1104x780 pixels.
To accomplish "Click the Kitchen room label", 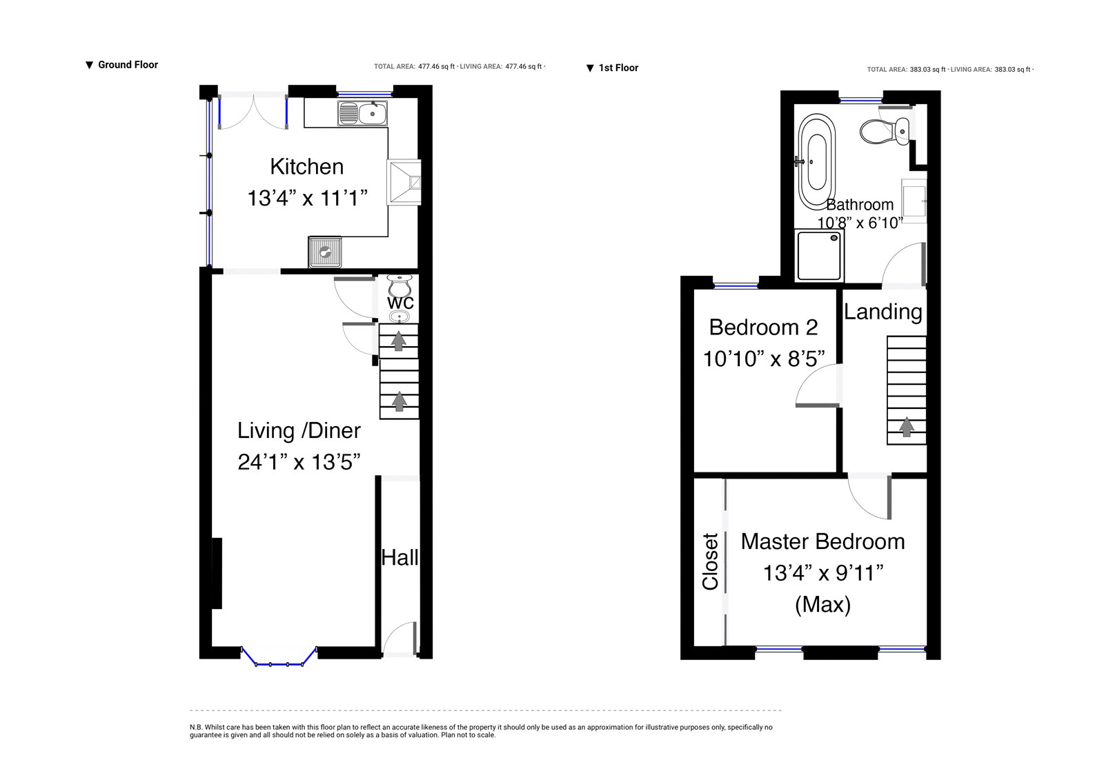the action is pyautogui.click(x=306, y=166).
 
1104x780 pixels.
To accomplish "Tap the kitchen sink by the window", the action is pyautogui.click(x=362, y=113).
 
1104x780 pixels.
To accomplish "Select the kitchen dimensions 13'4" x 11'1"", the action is pyautogui.click(x=308, y=198).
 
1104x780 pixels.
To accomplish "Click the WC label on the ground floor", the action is pyautogui.click(x=400, y=303).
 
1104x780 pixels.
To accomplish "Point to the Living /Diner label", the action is pyautogui.click(x=299, y=430).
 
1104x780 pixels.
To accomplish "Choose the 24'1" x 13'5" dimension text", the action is pyautogui.click(x=299, y=462).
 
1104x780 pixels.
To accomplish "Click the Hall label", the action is pyautogui.click(x=400, y=558).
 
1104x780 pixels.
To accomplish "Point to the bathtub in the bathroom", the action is pyautogui.click(x=817, y=162).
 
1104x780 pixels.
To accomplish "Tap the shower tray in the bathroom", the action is pyautogui.click(x=818, y=256).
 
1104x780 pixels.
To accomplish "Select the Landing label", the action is pyautogui.click(x=883, y=312).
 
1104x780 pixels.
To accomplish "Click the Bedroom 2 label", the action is pyautogui.click(x=763, y=327).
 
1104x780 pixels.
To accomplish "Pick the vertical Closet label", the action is pyautogui.click(x=710, y=561).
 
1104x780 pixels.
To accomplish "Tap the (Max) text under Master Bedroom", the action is pyautogui.click(x=822, y=605).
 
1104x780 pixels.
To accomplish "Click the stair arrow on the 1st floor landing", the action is pyautogui.click(x=906, y=427).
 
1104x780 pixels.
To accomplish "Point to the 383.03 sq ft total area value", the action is pyautogui.click(x=927, y=70).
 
